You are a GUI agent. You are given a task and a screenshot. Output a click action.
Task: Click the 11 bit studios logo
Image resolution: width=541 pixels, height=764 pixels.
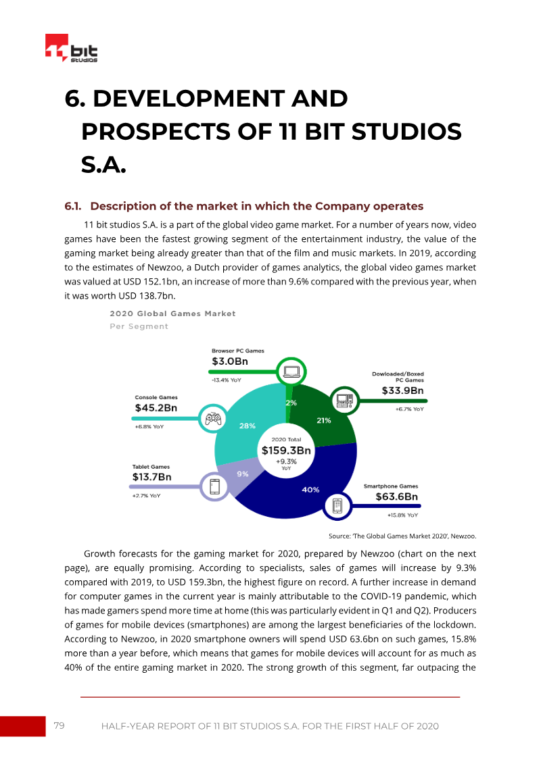point(71,48)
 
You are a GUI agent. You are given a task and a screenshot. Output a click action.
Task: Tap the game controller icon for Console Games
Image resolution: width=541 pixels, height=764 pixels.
point(213,419)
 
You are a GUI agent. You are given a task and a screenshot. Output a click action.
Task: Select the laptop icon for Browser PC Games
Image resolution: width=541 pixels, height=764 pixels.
point(291,372)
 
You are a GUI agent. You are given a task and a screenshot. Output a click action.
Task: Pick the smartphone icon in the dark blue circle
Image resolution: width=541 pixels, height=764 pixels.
point(337,506)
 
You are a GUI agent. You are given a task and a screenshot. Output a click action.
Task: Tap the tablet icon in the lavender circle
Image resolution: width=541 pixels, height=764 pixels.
point(214,487)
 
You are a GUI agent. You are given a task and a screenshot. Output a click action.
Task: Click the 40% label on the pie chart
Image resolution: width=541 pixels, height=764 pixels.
point(310,490)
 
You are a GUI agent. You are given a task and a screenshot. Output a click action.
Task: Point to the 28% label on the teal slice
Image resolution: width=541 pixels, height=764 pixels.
point(248,426)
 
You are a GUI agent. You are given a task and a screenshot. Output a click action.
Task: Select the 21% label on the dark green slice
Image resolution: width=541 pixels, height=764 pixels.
point(324,420)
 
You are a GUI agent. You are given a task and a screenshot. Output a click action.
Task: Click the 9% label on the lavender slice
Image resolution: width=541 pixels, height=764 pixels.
point(243,474)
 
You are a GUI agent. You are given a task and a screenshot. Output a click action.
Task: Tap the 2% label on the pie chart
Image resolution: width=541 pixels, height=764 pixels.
point(291,403)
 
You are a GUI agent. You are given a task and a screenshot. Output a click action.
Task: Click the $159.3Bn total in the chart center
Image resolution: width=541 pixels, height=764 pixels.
point(286,451)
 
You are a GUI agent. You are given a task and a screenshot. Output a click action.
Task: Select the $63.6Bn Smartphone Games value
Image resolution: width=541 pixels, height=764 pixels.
point(396,496)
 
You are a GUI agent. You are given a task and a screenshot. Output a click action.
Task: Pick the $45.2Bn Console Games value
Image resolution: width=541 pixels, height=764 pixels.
point(156,408)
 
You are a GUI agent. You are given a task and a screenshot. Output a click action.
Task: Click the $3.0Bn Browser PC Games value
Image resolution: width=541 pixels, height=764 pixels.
point(230,361)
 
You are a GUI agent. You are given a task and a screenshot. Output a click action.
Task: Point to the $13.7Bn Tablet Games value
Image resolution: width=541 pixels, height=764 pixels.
point(151,477)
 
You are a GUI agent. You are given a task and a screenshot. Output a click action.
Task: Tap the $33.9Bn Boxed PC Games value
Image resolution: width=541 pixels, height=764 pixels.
point(402,390)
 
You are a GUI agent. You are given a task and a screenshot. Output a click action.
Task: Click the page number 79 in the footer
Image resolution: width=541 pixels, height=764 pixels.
point(59,725)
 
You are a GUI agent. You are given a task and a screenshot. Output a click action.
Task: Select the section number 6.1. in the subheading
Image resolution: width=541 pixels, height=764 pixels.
point(72,206)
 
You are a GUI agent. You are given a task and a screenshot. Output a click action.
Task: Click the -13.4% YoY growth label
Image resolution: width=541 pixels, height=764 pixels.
point(227,380)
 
